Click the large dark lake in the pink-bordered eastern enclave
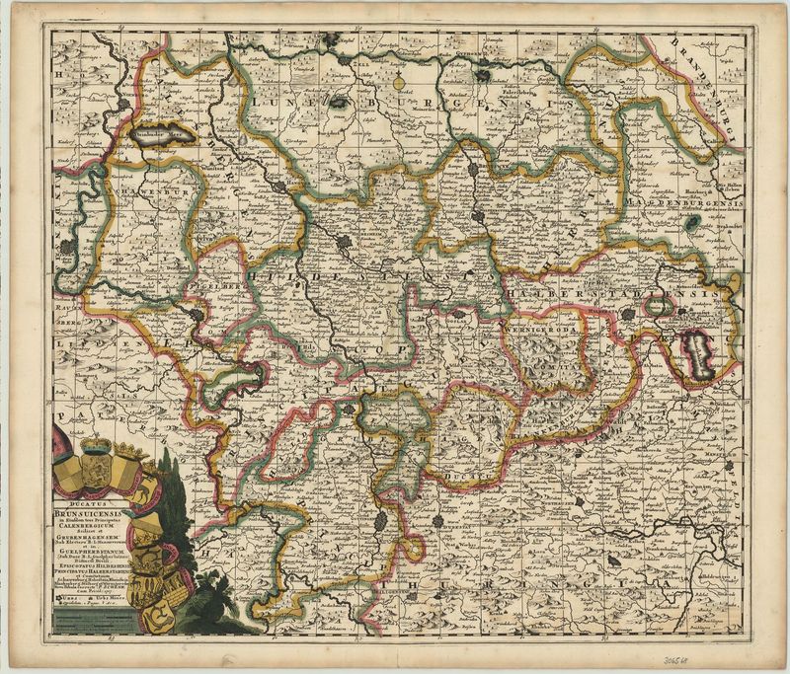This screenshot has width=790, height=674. pyautogui.click(x=700, y=348)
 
